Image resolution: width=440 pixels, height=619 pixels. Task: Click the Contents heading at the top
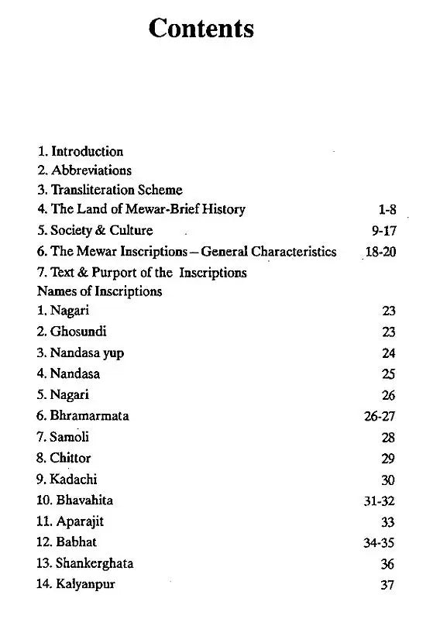201,29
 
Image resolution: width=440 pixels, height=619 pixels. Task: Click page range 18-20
380,252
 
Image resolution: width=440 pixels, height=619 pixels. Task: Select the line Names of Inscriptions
99,291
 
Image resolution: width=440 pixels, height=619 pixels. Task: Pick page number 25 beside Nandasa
388,374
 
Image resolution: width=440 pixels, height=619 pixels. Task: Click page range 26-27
380,417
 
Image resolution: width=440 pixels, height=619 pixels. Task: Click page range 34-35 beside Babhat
380,543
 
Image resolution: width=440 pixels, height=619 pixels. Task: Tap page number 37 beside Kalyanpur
388,585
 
